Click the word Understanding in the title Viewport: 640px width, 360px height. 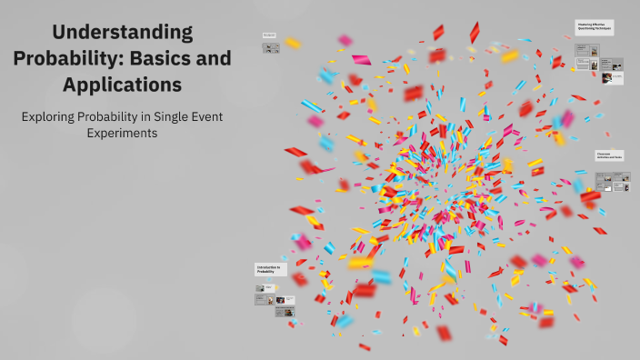click(x=123, y=32)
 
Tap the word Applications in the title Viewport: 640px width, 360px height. click(x=123, y=85)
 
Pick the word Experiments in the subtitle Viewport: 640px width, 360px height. click(x=123, y=133)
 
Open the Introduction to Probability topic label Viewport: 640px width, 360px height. click(x=270, y=268)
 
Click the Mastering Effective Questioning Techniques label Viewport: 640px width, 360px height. click(x=595, y=28)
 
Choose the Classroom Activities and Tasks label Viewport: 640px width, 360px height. click(x=609, y=156)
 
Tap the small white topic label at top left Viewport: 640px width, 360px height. click(x=270, y=35)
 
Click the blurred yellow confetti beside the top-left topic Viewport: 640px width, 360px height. click(x=292, y=43)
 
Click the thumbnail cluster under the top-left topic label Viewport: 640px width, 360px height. click(x=272, y=48)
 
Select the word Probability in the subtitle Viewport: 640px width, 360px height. click(x=131, y=116)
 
